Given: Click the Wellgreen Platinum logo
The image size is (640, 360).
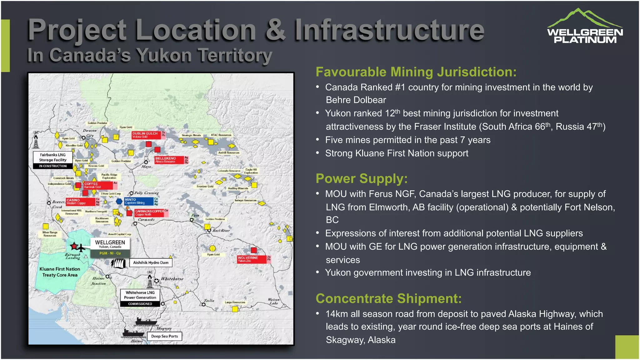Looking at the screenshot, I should pyautogui.click(x=585, y=26).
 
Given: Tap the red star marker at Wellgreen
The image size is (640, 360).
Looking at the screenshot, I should pyautogui.click(x=74, y=246).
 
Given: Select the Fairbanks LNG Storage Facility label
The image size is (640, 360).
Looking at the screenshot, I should pyautogui.click(x=53, y=160).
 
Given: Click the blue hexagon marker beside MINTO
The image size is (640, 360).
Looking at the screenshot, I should pyautogui.click(x=119, y=201).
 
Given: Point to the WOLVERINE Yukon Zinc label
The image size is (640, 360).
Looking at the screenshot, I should pyautogui.click(x=252, y=259).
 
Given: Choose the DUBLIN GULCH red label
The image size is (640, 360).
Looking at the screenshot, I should pyautogui.click(x=146, y=135).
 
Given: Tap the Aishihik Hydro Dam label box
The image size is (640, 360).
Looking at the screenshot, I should pyautogui.click(x=151, y=262).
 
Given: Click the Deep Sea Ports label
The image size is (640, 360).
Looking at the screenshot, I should pyautogui.click(x=164, y=336).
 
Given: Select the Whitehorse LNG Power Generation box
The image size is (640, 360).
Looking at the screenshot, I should pyautogui.click(x=140, y=297).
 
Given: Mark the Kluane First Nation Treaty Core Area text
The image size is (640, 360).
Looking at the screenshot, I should pyautogui.click(x=60, y=272).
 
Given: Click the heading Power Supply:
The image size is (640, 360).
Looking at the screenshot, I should pyautogui.click(x=362, y=179).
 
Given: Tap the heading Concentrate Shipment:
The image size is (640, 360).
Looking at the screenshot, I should pyautogui.click(x=388, y=299).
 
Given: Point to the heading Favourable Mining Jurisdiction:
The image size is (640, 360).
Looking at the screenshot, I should pyautogui.click(x=416, y=72).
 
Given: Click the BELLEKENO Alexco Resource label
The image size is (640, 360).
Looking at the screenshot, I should pyautogui.click(x=169, y=160).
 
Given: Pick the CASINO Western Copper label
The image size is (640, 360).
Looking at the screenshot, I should pyautogui.click(x=80, y=202).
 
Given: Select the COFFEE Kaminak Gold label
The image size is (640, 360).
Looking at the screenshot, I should pyautogui.click(x=98, y=185).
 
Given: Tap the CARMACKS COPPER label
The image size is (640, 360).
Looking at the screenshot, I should pyautogui.click(x=149, y=213).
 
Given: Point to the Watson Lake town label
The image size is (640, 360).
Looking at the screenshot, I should pyautogui.click(x=273, y=301).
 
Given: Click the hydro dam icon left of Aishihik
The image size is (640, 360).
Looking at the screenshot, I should pyautogui.click(x=118, y=263).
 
